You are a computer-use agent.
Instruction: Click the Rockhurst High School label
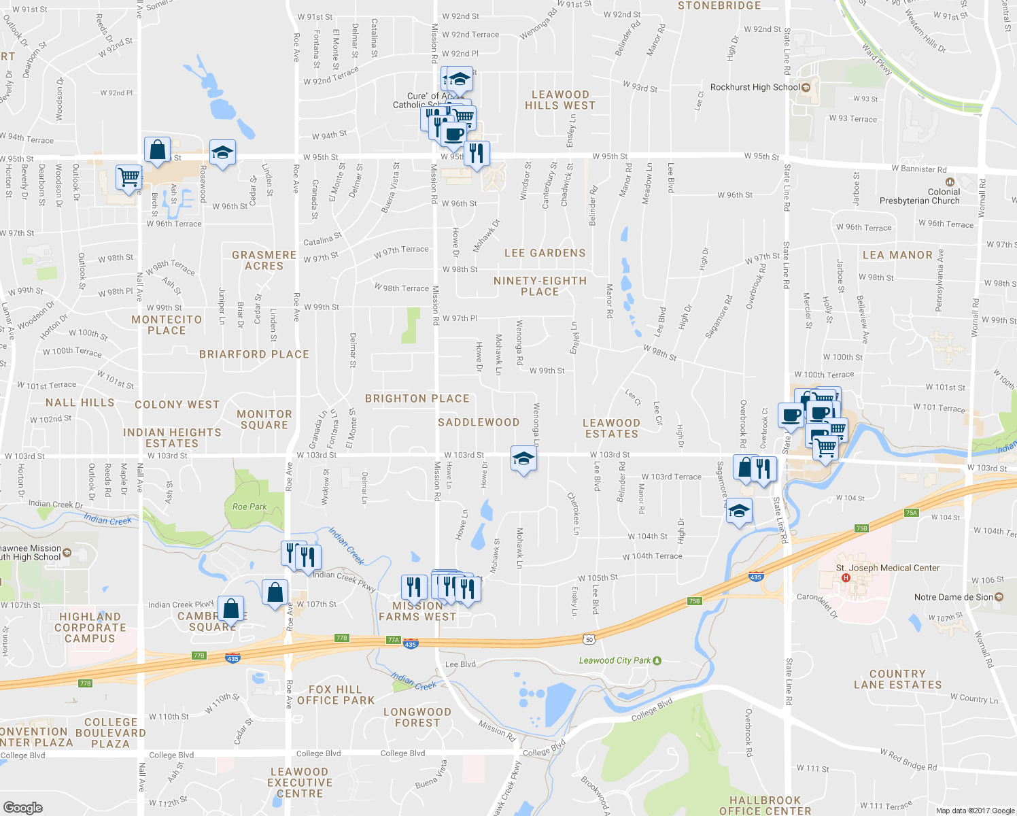point(755,87)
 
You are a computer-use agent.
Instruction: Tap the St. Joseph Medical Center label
point(888,568)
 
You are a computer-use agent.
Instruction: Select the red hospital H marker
point(846,578)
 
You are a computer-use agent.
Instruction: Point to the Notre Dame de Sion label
point(953,597)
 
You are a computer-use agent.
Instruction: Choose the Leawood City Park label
point(615,660)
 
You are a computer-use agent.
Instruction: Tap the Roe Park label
point(249,507)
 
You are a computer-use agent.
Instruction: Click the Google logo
point(23,807)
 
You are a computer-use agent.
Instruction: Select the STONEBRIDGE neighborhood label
point(719,6)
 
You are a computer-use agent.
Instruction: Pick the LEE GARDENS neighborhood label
point(545,253)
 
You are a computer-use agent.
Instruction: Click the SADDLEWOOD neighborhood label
point(479,422)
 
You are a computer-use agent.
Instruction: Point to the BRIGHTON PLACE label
point(417,398)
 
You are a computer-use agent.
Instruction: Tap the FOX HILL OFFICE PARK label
point(336,695)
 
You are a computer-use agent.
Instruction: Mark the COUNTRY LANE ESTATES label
point(897,679)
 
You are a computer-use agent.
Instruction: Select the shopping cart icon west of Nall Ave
point(128,177)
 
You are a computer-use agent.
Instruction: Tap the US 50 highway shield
point(589,639)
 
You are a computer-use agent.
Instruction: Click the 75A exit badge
point(911,513)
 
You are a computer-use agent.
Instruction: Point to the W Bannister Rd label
point(919,169)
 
